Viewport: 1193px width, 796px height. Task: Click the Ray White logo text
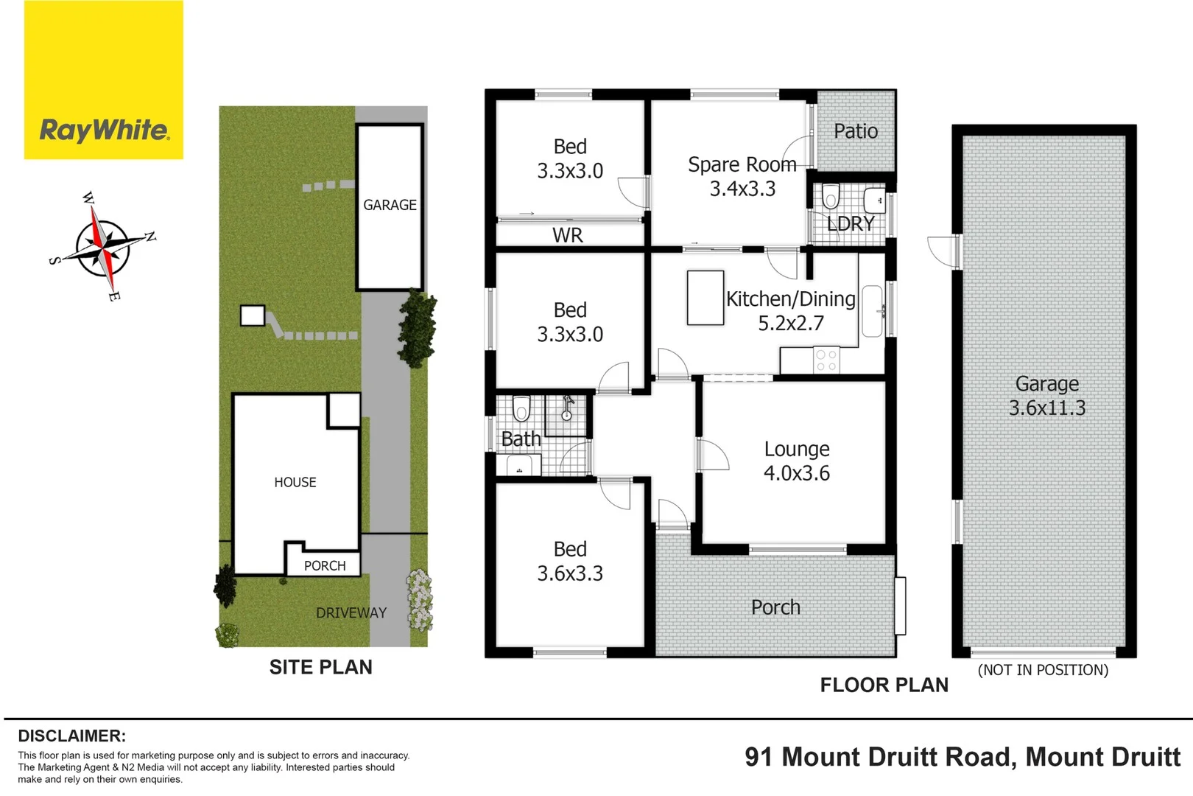pos(104,130)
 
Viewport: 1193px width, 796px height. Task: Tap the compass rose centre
pos(103,248)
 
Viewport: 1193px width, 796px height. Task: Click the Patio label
pos(855,131)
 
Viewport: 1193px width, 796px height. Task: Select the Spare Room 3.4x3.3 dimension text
pos(742,189)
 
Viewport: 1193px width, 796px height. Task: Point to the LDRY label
pos(850,223)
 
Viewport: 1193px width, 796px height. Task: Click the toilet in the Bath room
pos(521,407)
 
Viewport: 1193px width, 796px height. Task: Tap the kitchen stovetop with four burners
pos(826,360)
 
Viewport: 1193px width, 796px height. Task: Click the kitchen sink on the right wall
pos(872,311)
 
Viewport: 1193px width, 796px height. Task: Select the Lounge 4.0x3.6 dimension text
pos(796,473)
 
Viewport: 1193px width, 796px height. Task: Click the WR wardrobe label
pos(567,235)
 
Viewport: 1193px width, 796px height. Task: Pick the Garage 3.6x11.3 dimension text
pos(1046,408)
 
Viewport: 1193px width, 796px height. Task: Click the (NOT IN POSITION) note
pos(1042,670)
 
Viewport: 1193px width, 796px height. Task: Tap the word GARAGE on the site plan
pos(390,205)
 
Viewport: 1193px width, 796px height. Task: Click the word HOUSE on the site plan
pos(295,482)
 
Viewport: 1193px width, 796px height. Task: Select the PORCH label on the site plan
pos(325,565)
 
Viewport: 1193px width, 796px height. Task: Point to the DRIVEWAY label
pos(351,612)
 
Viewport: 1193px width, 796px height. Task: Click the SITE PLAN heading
pos(320,667)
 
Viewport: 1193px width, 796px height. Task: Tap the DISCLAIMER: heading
pos(71,736)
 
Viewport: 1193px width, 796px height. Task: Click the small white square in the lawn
pos(252,315)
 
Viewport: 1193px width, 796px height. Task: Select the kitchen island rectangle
pos(705,298)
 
